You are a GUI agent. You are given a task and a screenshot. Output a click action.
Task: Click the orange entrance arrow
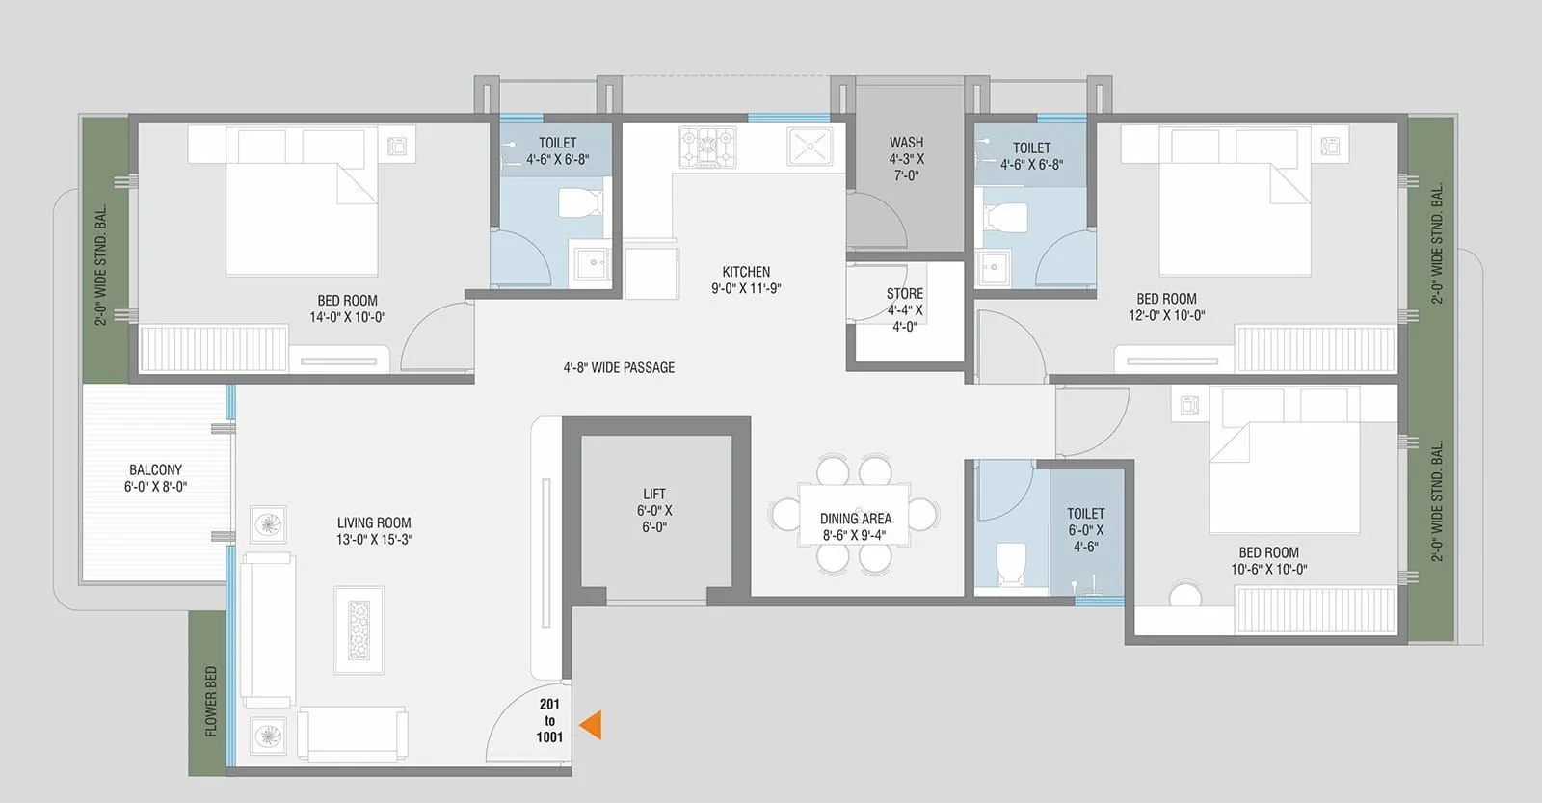(591, 725)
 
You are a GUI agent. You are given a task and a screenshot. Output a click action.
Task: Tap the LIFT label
(654, 510)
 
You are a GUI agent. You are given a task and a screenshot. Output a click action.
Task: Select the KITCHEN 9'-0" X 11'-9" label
(746, 280)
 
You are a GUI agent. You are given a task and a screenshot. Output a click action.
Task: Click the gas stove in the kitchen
(707, 147)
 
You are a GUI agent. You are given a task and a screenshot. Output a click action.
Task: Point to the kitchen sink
(810, 147)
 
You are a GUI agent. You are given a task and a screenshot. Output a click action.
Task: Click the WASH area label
(906, 158)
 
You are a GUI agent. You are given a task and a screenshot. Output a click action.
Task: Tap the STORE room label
(905, 309)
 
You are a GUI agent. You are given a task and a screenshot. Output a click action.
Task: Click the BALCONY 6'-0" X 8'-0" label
(155, 478)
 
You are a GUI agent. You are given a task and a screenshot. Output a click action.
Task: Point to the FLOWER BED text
(211, 701)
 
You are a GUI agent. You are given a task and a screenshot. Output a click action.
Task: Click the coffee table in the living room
(359, 629)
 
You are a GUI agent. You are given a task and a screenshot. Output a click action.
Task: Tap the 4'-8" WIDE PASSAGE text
(619, 367)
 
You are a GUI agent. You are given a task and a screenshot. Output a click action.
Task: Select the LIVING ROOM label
(374, 531)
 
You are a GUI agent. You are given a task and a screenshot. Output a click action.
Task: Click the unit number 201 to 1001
(549, 721)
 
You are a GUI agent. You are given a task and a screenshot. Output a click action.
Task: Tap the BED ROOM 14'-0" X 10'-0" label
(347, 308)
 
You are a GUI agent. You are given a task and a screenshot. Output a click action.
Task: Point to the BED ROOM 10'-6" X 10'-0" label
(1268, 560)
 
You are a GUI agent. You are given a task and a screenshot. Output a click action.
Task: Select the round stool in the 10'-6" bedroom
(1185, 594)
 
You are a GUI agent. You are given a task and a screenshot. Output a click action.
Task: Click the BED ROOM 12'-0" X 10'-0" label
(1166, 307)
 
